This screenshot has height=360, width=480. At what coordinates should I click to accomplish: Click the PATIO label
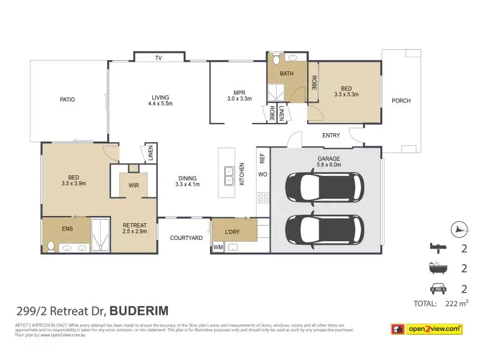(67, 100)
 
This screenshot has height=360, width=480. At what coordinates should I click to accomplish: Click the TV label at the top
(158, 58)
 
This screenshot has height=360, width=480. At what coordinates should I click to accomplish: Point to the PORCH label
(401, 101)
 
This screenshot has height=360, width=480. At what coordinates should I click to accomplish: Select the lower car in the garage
(324, 230)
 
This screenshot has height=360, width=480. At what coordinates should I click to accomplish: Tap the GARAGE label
(329, 158)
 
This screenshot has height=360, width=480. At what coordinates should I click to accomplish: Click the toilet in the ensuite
(51, 246)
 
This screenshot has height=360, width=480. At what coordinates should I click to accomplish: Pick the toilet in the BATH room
(275, 59)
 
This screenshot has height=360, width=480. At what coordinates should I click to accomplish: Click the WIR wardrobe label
(134, 185)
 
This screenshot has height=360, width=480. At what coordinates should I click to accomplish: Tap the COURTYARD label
(186, 238)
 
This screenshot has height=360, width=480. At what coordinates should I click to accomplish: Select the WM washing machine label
(217, 247)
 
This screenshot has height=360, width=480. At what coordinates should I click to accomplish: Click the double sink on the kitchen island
(228, 176)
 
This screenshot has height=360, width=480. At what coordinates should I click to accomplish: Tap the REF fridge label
(262, 158)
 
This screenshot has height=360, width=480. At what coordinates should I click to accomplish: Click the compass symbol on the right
(458, 229)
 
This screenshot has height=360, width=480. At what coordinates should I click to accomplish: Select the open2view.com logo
(427, 329)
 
